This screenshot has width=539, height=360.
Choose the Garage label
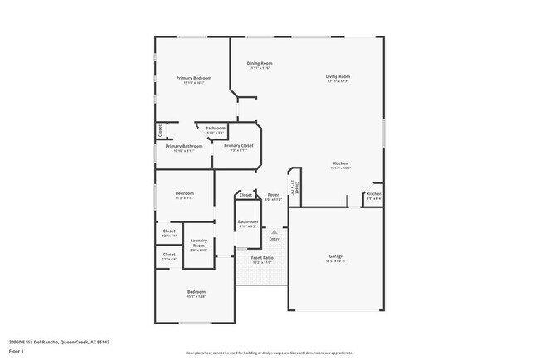click(x=336, y=258)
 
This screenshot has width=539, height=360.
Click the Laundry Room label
click(x=199, y=244)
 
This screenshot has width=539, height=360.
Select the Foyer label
click(x=273, y=197)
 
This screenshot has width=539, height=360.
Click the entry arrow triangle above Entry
click(x=274, y=231)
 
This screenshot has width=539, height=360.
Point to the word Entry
click(x=274, y=239)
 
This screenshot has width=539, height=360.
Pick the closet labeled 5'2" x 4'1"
click(x=169, y=233)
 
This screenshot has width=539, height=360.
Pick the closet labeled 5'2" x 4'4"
click(x=169, y=257)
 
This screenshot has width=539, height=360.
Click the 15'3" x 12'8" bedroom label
click(x=197, y=294)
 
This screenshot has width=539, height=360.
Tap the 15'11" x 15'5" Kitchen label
click(x=340, y=165)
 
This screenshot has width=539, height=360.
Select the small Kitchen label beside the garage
click(x=374, y=197)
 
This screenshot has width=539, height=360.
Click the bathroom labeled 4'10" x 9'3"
click(x=248, y=223)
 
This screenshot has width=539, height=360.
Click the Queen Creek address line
click(x=59, y=341)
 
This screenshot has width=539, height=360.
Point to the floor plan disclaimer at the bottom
click(x=269, y=353)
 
